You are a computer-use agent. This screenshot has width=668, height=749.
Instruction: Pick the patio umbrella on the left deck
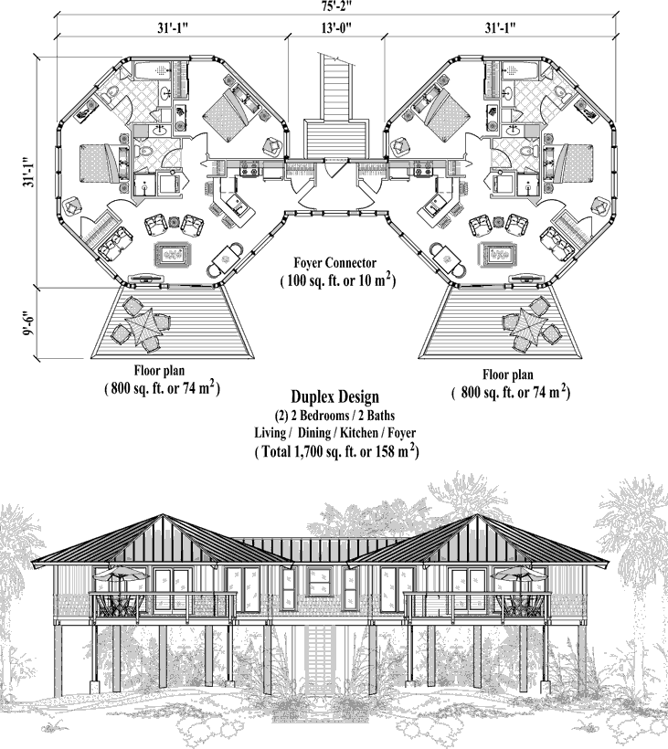(142, 325)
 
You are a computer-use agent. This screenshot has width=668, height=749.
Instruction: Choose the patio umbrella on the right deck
(528, 325)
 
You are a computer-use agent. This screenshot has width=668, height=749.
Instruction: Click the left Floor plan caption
(160, 372)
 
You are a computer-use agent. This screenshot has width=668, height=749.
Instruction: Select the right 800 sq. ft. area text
(511, 393)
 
